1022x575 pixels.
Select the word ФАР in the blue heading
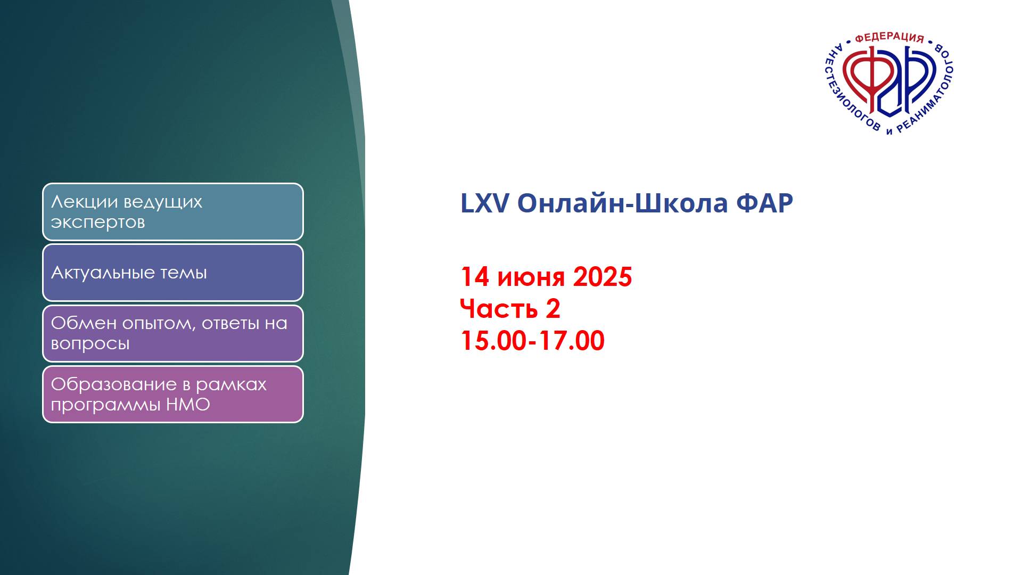click(x=764, y=203)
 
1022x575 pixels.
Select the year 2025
click(x=602, y=277)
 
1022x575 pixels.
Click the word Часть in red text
click(x=499, y=309)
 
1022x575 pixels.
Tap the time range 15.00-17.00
click(x=532, y=341)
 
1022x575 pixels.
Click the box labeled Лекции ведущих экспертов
click(x=173, y=212)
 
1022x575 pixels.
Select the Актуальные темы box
click(x=173, y=273)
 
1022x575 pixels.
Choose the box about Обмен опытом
click(x=173, y=333)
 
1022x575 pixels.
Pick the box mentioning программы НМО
click(x=173, y=395)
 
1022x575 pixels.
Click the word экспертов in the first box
click(x=98, y=223)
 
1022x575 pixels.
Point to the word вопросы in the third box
click(x=90, y=344)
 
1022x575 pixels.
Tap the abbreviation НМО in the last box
click(x=188, y=405)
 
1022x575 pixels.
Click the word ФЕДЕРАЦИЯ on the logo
click(x=889, y=37)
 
